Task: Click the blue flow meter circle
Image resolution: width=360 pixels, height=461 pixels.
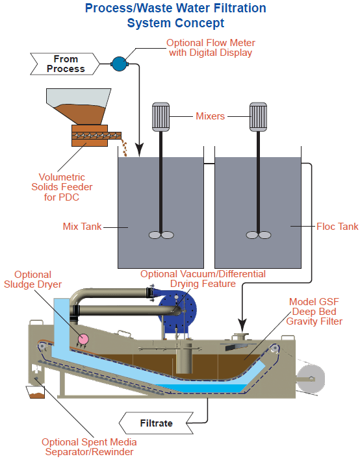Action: coord(119,64)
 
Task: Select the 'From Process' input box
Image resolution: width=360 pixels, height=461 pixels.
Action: coord(65,64)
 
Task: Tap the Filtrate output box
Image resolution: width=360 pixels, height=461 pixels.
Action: coord(156,423)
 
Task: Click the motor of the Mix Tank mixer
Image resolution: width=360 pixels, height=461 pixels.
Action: coord(161,117)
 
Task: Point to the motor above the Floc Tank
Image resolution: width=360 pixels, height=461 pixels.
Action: coord(258,117)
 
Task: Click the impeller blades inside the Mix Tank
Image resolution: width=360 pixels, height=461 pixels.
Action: coord(161,235)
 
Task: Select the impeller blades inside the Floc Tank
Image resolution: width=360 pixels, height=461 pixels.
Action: coord(259,235)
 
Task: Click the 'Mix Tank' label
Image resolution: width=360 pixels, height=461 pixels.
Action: coord(82,227)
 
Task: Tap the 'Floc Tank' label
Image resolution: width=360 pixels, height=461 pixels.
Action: coord(337,227)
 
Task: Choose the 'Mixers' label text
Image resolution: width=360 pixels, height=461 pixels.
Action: coord(210,116)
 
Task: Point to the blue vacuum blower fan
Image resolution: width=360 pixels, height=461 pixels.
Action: coord(177,312)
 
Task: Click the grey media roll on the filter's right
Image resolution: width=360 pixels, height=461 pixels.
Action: coord(310,379)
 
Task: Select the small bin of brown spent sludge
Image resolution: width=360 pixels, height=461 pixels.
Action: coord(36,392)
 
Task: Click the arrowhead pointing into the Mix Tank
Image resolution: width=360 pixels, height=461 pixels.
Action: coord(139,150)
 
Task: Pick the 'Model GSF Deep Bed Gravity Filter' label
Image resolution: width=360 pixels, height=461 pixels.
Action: coord(314,312)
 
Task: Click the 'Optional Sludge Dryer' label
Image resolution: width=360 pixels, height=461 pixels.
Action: coord(32,279)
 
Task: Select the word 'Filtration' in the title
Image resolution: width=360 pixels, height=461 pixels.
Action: coord(240,8)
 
